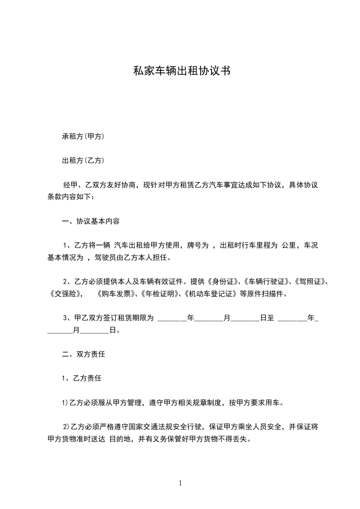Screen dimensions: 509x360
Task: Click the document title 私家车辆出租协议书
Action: pyautogui.click(x=180, y=71)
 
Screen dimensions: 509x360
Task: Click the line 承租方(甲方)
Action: pyautogui.click(x=84, y=136)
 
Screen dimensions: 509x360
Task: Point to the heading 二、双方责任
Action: pyautogui.click(x=84, y=354)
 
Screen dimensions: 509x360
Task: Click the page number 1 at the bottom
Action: pyautogui.click(x=180, y=483)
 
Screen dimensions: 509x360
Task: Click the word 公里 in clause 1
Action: pyautogui.click(x=289, y=246)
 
